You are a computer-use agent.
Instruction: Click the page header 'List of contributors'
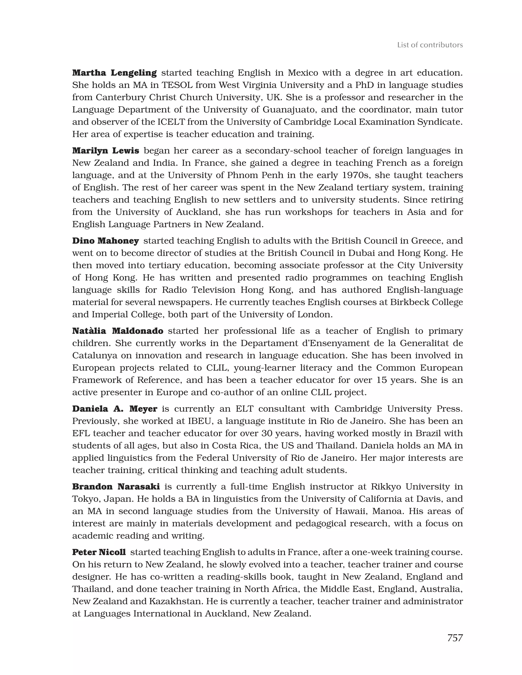tap(430, 45)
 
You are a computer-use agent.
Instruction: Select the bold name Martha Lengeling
tap(114, 73)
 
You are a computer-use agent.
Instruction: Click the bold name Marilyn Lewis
tap(106, 151)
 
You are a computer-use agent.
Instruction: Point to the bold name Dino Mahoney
tap(105, 241)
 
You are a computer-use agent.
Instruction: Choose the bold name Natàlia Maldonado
tap(118, 331)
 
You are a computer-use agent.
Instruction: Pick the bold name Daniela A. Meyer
tap(115, 409)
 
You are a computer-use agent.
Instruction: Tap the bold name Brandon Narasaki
tap(116, 487)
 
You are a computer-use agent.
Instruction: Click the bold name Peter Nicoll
tap(99, 552)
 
